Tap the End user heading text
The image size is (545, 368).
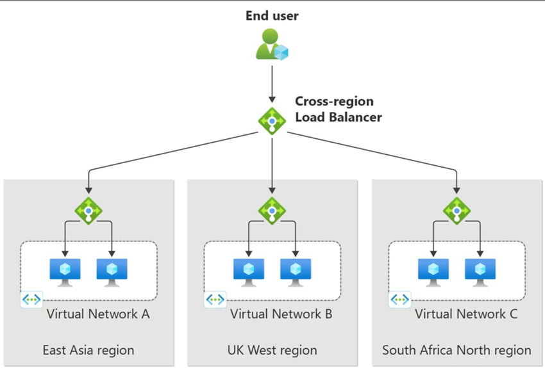(272, 15)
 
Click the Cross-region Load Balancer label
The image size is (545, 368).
(338, 109)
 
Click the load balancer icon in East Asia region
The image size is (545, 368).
(88, 211)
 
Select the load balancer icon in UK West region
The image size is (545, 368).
(272, 211)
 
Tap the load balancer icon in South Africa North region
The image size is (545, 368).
(457, 211)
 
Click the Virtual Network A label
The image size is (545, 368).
(97, 314)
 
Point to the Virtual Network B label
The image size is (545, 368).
(281, 314)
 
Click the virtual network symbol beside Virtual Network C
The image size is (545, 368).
(399, 300)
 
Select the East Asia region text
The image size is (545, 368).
(88, 350)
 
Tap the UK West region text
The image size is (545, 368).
(272, 350)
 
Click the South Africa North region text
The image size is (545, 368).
(457, 350)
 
